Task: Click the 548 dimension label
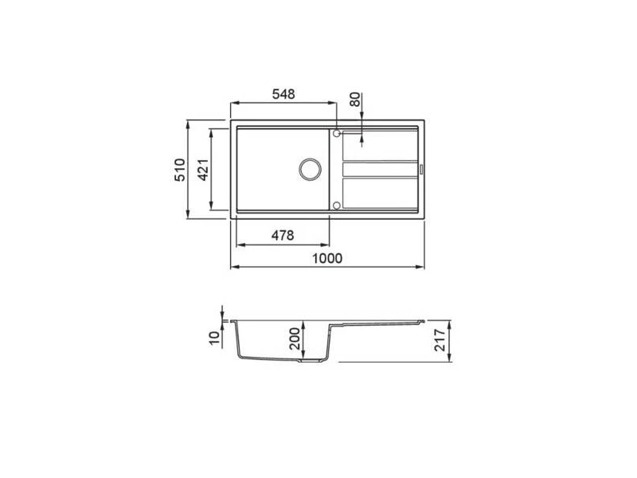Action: coord(283,94)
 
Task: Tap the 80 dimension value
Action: coord(355,100)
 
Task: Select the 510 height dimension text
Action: coord(180,170)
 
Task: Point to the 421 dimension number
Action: coord(204,170)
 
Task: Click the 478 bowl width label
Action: coord(283,235)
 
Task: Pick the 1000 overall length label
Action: coord(327,258)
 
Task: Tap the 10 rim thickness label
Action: coord(214,338)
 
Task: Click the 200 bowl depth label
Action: coord(295,339)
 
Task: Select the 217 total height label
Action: coord(440,340)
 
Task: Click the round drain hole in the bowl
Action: coord(311,170)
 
